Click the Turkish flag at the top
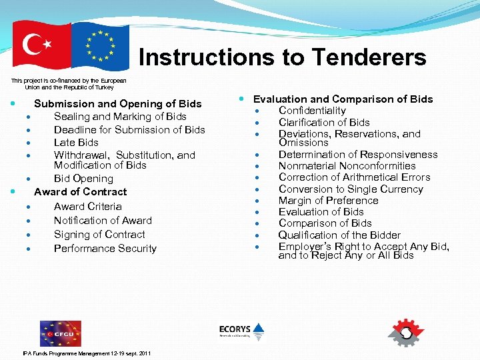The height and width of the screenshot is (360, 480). (x=41, y=46)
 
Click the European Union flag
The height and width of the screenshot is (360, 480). (x=100, y=46)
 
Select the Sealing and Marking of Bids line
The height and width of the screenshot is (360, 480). (x=120, y=116)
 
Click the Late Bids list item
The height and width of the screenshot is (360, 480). (x=76, y=142)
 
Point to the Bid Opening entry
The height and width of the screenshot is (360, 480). (x=83, y=179)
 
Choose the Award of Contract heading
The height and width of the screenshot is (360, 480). (x=80, y=191)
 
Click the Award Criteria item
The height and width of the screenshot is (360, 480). (x=87, y=207)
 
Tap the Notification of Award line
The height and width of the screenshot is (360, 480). (x=103, y=220)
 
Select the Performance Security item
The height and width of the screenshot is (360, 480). (x=105, y=248)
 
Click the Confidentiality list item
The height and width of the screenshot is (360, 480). (x=312, y=111)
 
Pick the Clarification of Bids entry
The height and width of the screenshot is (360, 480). (x=324, y=122)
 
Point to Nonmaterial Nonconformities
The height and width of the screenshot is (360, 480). (x=347, y=166)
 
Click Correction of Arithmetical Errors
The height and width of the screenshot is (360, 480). (x=354, y=177)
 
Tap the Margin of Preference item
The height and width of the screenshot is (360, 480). (x=328, y=201)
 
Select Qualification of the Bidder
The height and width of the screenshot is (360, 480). (x=339, y=235)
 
